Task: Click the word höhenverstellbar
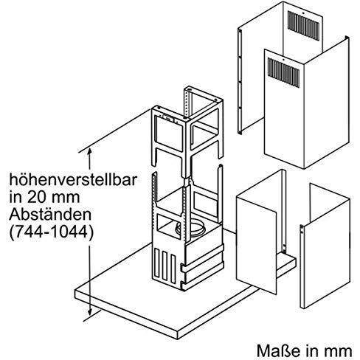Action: pos(73,180)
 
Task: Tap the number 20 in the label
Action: pos(35,198)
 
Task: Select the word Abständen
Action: pos(50,215)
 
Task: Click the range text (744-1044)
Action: pos(52,232)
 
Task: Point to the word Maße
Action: pos(276,350)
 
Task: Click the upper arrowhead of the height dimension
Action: pos(89,150)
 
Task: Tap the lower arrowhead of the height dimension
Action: pos(90,312)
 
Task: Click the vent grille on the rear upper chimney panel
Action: pos(304,26)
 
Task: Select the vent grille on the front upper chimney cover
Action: pos(283,72)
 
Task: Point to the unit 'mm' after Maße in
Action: pos(340,350)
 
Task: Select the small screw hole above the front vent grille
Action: pos(283,60)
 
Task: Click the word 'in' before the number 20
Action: pos(16,198)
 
